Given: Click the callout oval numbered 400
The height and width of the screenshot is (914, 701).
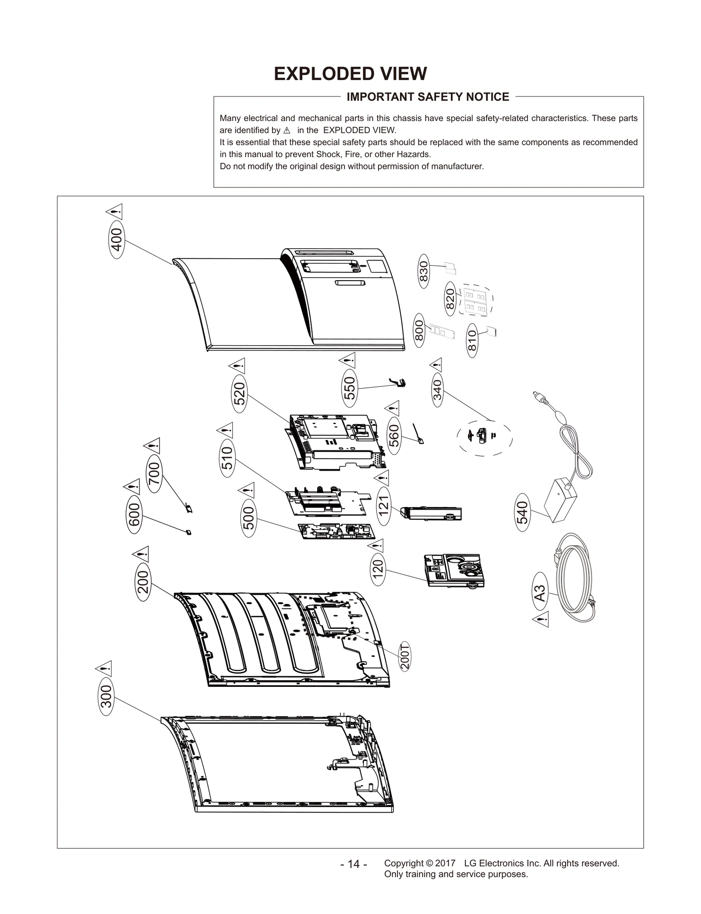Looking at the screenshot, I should [116, 240].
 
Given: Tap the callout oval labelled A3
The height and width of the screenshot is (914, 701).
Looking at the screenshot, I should [540, 593].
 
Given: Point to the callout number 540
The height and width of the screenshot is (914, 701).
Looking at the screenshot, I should [523, 512].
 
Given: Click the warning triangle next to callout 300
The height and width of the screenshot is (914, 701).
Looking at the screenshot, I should [104, 668].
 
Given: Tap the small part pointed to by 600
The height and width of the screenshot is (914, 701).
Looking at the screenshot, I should [188, 532].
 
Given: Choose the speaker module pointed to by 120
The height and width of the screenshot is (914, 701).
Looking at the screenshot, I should [454, 570].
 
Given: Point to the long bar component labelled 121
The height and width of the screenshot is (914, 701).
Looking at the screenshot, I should [432, 513].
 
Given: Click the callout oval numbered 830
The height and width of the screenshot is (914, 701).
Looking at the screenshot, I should [423, 271].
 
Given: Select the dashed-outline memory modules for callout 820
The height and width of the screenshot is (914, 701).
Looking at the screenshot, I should [475, 301].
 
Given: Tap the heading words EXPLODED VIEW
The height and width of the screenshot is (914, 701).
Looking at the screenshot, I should [350, 74].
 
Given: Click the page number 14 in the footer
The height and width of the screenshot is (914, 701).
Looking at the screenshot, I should [353, 864].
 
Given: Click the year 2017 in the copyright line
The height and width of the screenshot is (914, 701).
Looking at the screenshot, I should [445, 863].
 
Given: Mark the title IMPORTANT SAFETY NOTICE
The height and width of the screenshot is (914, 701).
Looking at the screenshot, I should [428, 97].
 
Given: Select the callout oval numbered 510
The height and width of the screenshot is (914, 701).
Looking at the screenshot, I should [227, 458].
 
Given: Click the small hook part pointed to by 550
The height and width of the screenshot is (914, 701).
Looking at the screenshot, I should [398, 382].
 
